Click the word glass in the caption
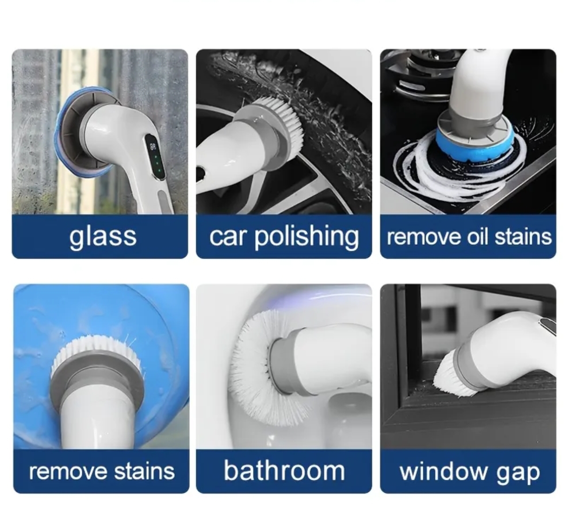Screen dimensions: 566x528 coord(103,237)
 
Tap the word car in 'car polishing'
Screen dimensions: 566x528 coord(227,237)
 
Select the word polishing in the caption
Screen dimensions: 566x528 coord(306,237)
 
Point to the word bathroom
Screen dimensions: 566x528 coord(284,471)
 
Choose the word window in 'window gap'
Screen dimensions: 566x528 coord(443,472)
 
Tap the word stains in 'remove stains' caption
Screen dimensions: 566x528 coord(144,471)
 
